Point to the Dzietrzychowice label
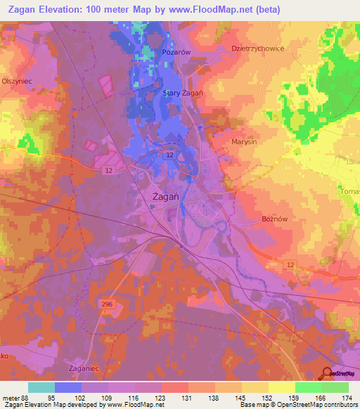pyautogui.click(x=258, y=48)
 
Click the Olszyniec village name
pyautogui.click(x=15, y=81)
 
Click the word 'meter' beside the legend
pyautogui.click(x=11, y=396)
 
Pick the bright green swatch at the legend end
pyautogui.click(x=335, y=387)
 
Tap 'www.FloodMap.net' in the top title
pyautogui.click(x=224, y=9)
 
